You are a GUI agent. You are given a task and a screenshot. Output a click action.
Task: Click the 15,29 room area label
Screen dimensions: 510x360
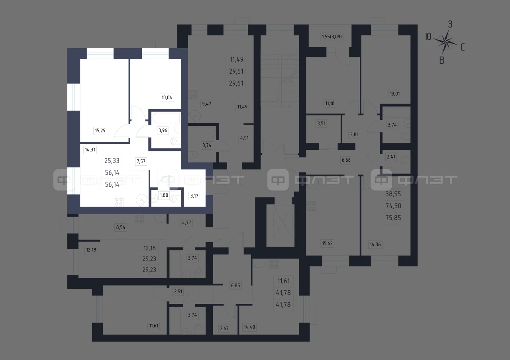point(100,130)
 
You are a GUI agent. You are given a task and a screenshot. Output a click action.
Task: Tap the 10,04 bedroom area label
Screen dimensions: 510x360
point(167,98)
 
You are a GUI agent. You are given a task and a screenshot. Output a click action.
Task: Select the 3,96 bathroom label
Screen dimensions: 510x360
point(163,130)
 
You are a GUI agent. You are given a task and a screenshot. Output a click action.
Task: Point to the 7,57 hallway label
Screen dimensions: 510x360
point(141,161)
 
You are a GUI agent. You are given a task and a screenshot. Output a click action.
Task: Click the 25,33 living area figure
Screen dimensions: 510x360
point(112,160)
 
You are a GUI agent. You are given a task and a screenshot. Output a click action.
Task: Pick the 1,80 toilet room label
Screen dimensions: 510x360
point(164,195)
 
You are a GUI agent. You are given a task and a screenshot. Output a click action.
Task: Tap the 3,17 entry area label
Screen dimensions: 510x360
point(194,196)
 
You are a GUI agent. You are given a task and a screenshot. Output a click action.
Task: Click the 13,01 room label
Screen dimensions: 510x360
point(395,94)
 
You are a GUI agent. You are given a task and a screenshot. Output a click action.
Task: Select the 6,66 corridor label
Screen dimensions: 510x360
point(346,160)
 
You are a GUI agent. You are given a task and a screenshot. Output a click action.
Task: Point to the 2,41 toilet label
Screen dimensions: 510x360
point(391,157)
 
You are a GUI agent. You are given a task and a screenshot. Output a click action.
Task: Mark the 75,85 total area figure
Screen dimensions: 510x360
point(393,218)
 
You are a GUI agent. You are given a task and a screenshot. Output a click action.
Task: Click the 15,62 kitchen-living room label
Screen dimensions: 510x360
point(328,243)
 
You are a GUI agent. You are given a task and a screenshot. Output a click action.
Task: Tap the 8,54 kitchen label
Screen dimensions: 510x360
point(121,227)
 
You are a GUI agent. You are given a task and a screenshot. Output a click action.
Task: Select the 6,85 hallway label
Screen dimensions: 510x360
point(235,286)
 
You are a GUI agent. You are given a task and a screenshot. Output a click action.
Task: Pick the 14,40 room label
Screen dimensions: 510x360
point(249,327)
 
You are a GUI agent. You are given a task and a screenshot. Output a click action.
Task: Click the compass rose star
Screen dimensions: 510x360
point(445,42)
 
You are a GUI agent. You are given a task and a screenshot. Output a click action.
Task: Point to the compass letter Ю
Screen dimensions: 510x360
point(428,37)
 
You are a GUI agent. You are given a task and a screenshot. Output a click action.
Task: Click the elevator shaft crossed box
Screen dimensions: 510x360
point(282,222)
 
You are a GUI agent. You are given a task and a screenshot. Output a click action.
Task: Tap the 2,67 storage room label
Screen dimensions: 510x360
point(224,329)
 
